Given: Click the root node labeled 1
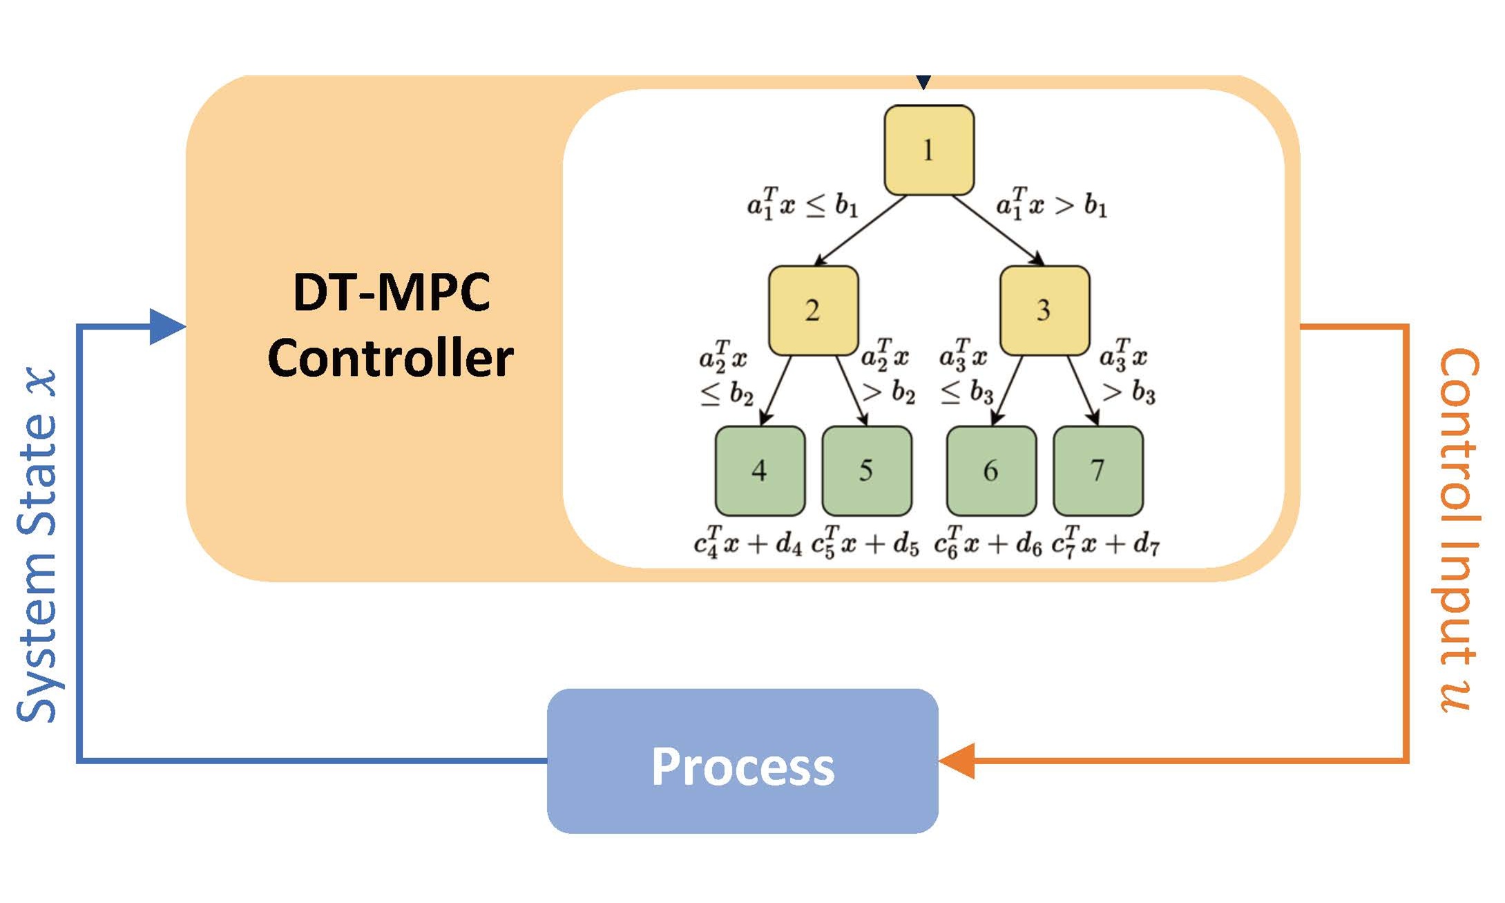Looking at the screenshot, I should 929,150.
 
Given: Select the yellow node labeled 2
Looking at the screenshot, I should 813,310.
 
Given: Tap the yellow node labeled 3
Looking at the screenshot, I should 1044,310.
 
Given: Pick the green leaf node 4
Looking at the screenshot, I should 760,470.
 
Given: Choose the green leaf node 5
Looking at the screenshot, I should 867,470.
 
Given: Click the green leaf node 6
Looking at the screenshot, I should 991,470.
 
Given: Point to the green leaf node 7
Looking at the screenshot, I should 1098,470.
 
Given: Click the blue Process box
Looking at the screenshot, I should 742,761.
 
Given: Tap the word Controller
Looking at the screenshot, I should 391,358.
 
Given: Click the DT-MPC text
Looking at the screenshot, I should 392,292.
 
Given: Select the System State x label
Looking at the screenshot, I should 39,546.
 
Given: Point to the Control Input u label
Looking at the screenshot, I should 1459,531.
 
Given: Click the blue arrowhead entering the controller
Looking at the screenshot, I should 166,326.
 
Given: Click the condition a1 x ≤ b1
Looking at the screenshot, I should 803,204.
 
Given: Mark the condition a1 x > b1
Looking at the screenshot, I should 1051,204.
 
